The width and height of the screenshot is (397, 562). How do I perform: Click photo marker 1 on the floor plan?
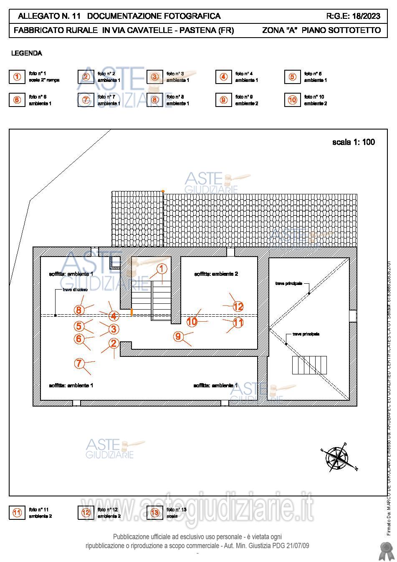pos(162,269)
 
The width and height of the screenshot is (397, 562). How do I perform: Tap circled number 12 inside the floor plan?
pos(238,307)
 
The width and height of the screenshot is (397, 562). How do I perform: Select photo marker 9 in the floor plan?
pos(178,336)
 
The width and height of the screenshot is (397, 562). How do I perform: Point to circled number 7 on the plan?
pos(79,364)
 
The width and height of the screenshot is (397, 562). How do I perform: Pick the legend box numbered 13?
pos(154,513)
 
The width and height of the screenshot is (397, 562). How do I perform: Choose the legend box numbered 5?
pos(292,77)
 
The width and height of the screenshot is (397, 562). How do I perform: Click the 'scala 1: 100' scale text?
pos(353,142)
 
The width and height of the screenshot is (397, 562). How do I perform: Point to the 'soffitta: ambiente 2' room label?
pos(216,274)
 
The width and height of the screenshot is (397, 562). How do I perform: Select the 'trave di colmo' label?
pos(75,290)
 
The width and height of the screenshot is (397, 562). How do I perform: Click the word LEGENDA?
pos(26,53)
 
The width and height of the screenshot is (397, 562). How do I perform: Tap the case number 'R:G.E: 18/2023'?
pos(353,16)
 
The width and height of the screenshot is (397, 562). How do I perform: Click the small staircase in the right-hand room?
pos(309,365)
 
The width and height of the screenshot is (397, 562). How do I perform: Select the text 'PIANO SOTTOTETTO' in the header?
pos(341,31)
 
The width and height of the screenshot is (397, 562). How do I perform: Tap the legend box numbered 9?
pos(223,100)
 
